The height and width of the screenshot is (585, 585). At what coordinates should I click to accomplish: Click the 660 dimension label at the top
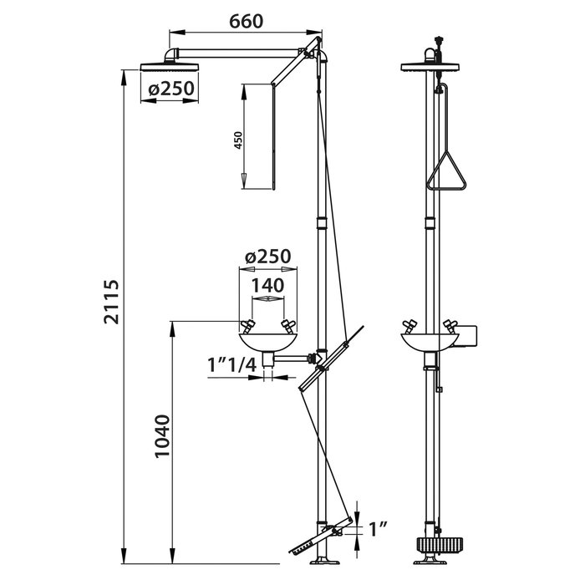click(x=247, y=21)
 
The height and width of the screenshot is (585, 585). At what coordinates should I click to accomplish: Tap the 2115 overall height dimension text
click(x=111, y=302)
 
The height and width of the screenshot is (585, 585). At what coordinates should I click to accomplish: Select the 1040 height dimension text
click(x=163, y=435)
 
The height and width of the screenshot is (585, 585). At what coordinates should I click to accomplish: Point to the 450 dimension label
click(x=238, y=140)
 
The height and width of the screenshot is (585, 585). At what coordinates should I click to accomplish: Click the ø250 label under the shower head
click(x=171, y=89)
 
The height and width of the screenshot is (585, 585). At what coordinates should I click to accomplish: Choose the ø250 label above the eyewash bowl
click(x=268, y=257)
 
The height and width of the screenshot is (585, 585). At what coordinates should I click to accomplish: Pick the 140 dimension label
click(x=268, y=286)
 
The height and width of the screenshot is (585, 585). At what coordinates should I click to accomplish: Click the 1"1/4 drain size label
click(x=232, y=365)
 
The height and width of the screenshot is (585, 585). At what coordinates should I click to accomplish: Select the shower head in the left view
click(x=169, y=67)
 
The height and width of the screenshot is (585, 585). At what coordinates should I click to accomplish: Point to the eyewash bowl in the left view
click(x=268, y=343)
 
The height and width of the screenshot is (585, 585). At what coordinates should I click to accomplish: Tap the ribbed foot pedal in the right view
click(x=440, y=547)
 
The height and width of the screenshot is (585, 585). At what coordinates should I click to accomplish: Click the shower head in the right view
click(x=430, y=67)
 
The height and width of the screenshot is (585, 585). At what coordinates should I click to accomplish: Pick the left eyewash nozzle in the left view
click(x=247, y=327)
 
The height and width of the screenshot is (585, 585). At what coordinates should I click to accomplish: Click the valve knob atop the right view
click(x=439, y=39)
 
